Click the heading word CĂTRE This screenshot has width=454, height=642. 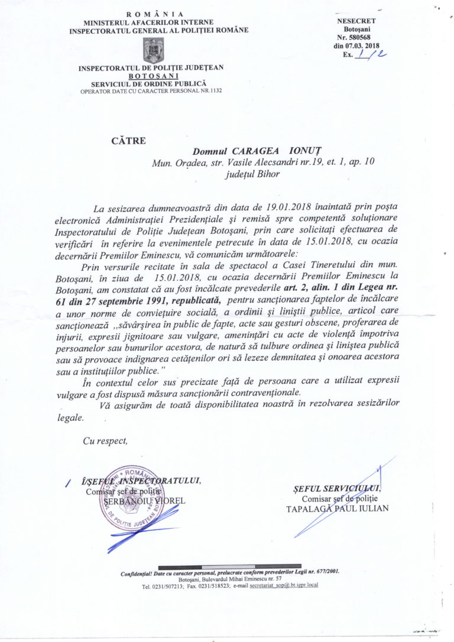(x=127, y=141)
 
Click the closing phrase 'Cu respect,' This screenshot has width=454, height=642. (x=105, y=440)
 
